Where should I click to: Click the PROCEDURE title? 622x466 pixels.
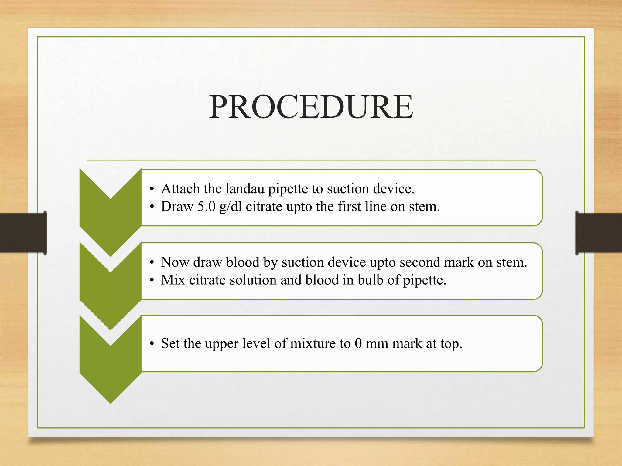coord(311,107)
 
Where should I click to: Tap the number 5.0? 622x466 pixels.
coord(207,207)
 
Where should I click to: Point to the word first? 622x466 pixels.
coord(349,207)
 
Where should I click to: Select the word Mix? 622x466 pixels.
coord(173,280)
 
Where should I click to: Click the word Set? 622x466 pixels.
coord(170,344)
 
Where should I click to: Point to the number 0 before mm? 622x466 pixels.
coord(358,344)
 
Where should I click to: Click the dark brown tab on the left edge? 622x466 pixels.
coord(23,233)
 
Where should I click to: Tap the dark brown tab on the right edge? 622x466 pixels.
coord(598,233)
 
